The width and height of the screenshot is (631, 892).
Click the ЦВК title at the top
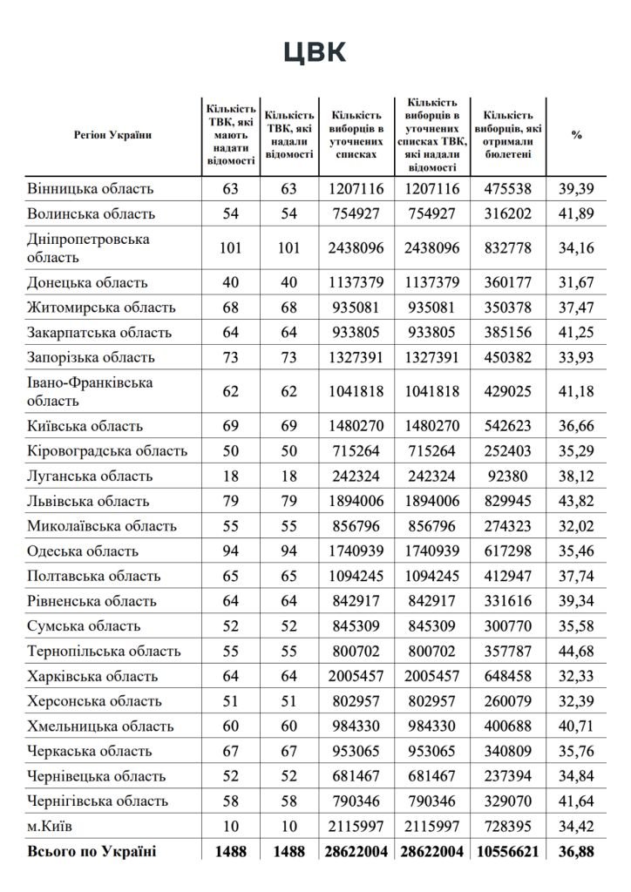[315, 52]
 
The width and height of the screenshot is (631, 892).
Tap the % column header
[576, 135]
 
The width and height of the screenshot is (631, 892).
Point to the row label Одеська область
[84, 551]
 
